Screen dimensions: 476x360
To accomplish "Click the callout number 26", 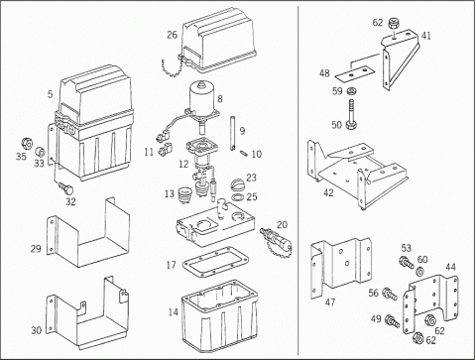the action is pos(172,35).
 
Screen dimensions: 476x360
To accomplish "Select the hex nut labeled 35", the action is pos(27,144).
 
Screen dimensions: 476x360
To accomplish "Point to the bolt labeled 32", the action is pos(66,188).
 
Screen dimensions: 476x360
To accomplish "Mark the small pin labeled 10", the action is pos(246,154).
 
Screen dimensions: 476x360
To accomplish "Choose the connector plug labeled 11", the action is pos(165,149).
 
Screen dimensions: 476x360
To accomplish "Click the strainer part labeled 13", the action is pos(185,193).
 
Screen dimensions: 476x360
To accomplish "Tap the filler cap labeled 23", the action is pos(238,184).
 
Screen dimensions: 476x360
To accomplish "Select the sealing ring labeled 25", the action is pos(238,197).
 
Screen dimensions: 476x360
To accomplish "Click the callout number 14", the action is pos(174,312).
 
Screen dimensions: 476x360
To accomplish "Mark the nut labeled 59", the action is pos(351,90).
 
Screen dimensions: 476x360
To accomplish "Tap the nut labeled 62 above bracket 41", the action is pos(393,23).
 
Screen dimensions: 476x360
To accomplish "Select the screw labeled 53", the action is pos(407,263).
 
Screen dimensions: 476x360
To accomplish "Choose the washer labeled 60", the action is pos(420,272).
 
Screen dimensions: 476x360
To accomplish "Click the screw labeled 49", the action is pos(393,320).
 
